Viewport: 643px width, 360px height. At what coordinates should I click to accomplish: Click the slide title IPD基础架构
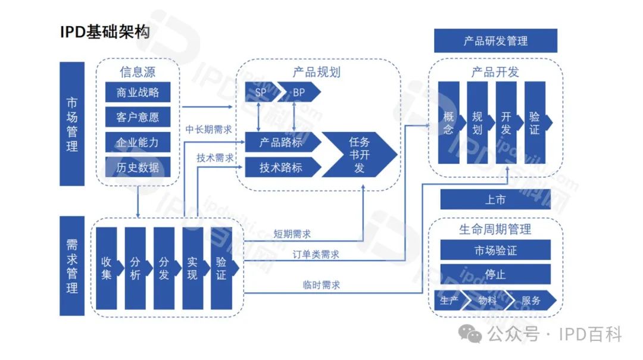point(105,33)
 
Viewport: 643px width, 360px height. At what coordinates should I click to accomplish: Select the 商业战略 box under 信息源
point(138,92)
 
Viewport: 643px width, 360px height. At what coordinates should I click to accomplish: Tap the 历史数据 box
point(138,167)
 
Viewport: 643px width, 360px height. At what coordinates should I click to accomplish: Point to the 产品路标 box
point(281,143)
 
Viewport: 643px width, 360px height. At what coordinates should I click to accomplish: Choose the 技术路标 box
point(281,167)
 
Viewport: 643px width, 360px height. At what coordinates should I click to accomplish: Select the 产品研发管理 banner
point(495,41)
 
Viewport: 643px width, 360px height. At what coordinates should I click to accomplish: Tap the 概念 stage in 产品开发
point(448,123)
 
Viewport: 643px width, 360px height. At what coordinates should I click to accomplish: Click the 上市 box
point(495,199)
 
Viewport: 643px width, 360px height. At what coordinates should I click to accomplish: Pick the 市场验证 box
point(495,251)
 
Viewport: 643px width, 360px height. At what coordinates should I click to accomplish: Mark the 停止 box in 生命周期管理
point(495,275)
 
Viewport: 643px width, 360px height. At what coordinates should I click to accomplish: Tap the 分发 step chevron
point(164,268)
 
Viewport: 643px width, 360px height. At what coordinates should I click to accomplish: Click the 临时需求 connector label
point(321,285)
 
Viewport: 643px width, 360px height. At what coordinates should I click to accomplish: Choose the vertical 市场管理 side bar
point(72,123)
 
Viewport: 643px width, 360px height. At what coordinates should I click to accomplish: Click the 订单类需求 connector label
point(316,255)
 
